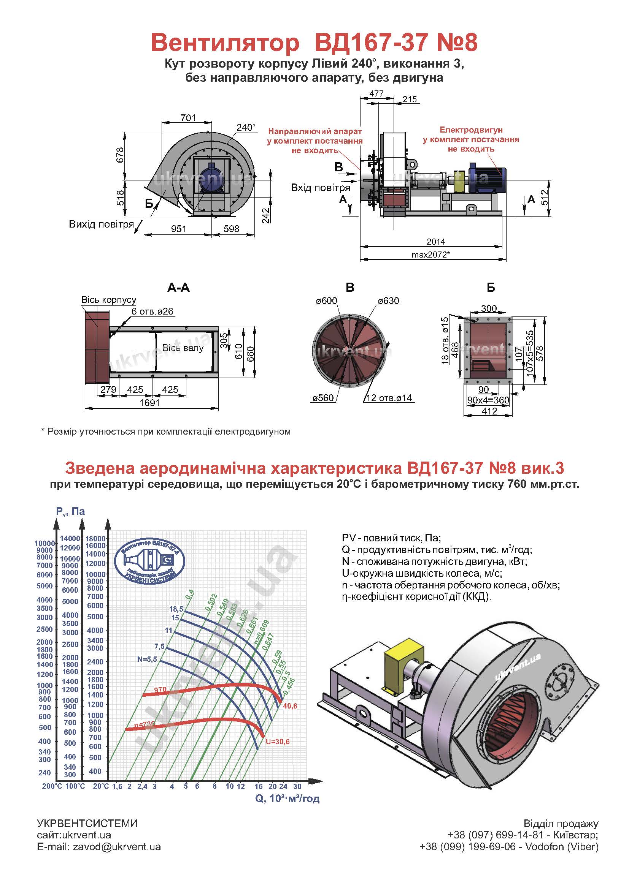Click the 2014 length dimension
coord(436,241)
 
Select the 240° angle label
coord(246,128)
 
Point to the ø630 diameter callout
coord(389,300)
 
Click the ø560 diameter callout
coord(323,398)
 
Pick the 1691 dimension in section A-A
coord(149,402)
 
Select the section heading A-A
coord(179,288)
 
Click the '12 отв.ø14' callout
coord(389,398)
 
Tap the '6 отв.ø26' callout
coord(152,312)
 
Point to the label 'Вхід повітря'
coord(320,188)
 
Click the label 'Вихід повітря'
coord(102,224)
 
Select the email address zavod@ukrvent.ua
coord(117,846)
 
